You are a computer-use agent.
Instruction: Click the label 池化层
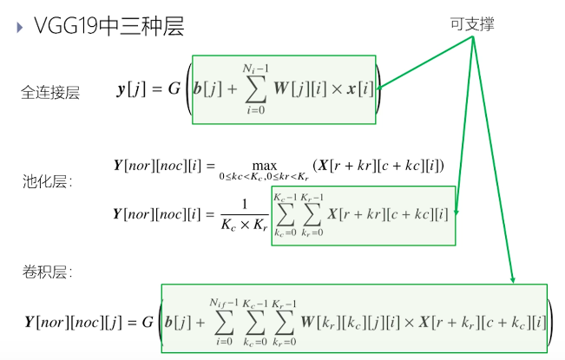[47, 182]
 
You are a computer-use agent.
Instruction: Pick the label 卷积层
[47, 272]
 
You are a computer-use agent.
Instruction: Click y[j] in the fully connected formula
[130, 89]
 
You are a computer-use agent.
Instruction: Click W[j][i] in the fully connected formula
[304, 89]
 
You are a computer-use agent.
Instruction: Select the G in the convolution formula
[148, 322]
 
